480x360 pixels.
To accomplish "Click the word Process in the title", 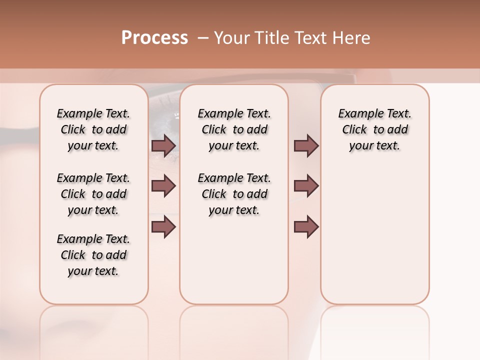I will point(154,38).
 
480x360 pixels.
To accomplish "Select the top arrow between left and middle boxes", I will point(163,145).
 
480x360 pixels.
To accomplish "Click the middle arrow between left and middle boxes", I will point(163,186).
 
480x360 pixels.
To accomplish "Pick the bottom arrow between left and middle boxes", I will point(163,226).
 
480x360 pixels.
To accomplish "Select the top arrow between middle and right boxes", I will point(306,145).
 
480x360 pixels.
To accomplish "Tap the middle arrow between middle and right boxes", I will point(306,186).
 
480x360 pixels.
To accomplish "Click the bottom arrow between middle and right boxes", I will point(306,226).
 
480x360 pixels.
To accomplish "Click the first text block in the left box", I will point(93,129).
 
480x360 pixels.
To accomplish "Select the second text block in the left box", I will point(93,194).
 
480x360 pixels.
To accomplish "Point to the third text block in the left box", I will point(93,255).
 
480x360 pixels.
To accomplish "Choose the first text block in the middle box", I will point(234,129).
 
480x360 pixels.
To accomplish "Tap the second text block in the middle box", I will point(234,194).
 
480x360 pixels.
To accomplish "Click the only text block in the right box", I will point(374,129).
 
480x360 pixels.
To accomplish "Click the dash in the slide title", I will point(202,38).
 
